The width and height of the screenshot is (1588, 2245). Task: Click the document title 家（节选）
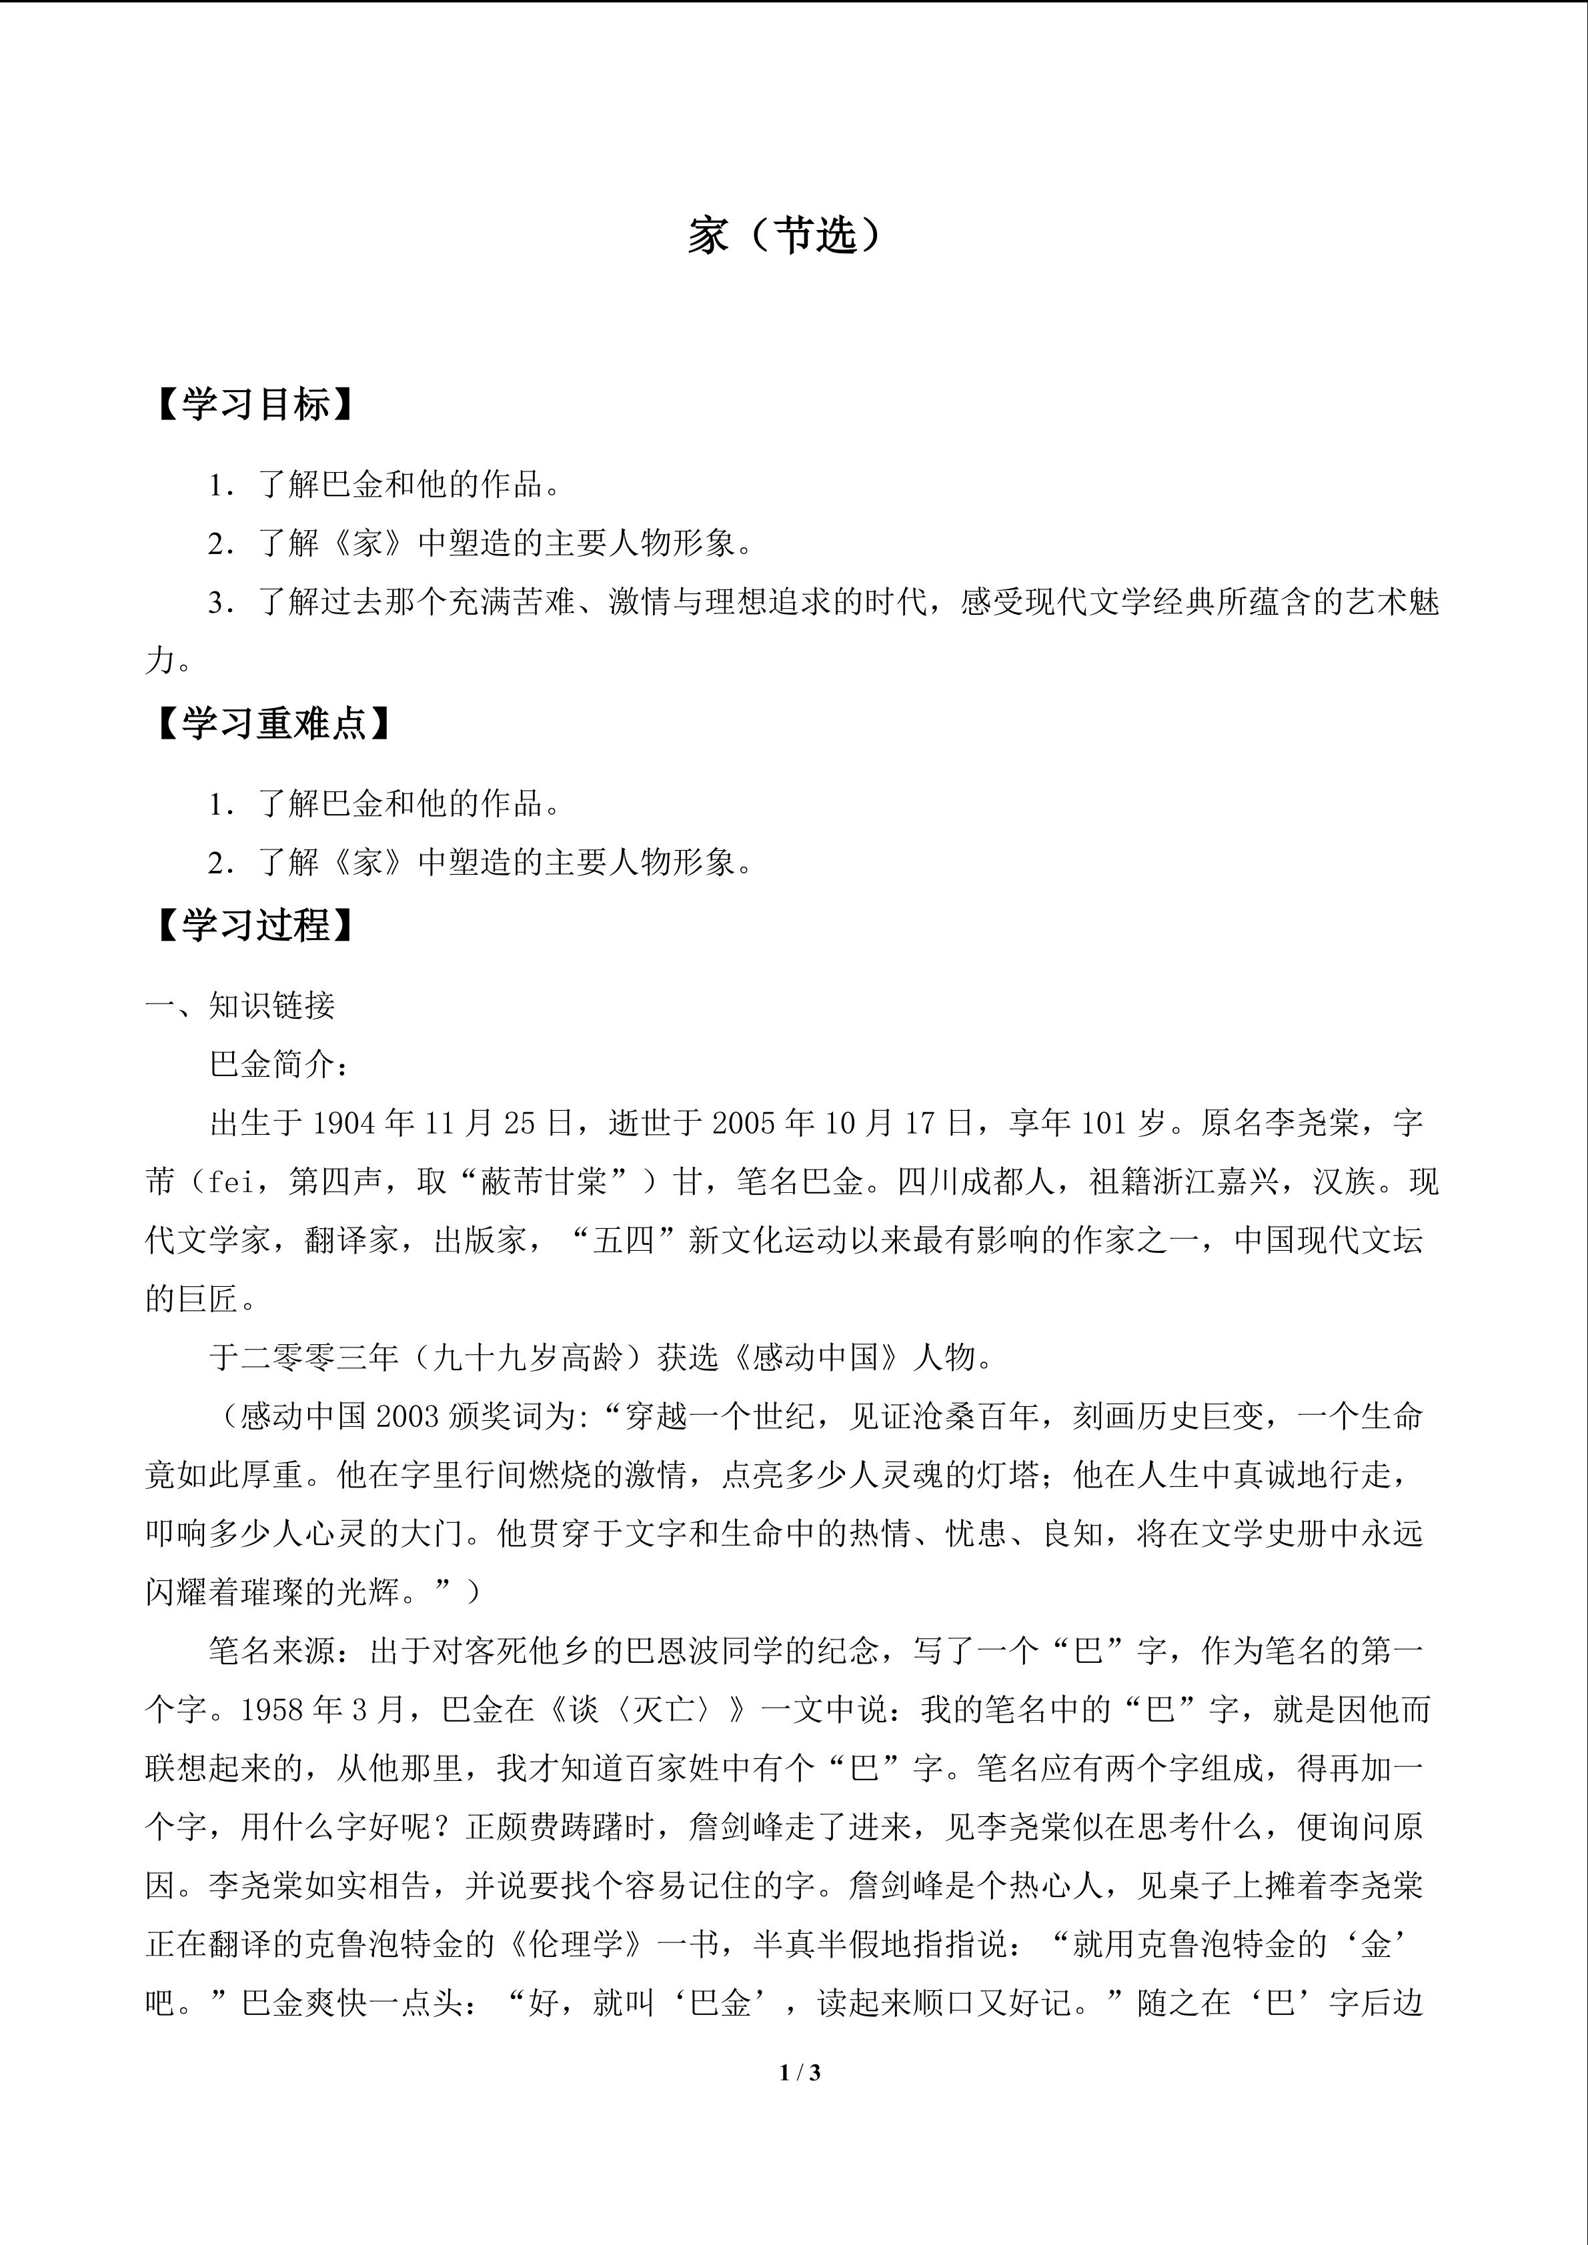pos(785,235)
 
